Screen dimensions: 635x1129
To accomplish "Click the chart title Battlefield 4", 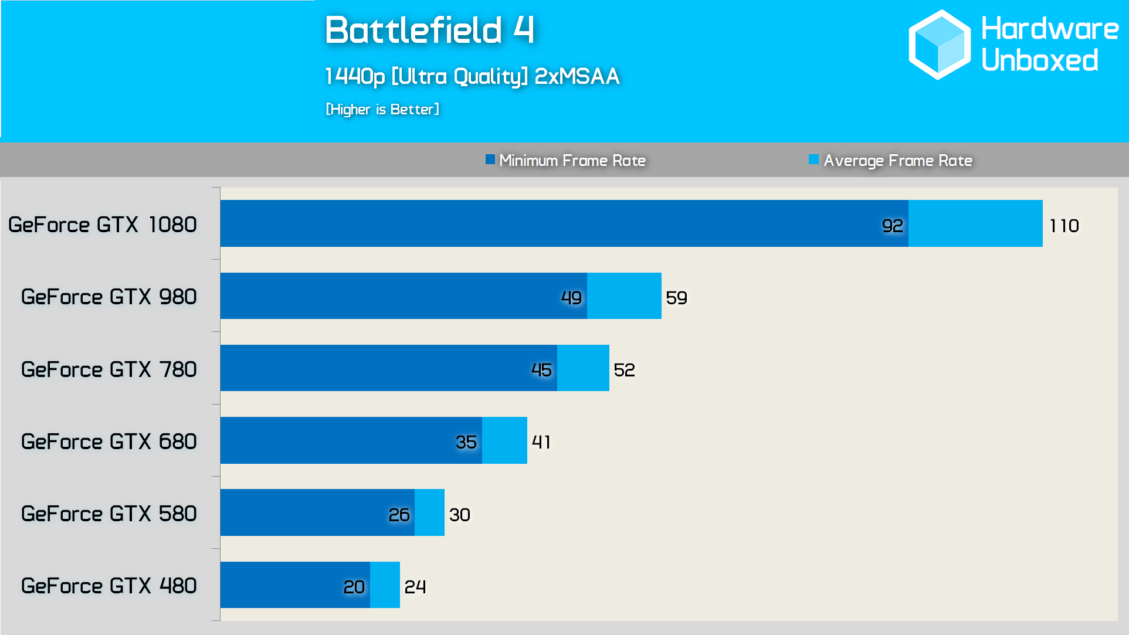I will [x=429, y=30].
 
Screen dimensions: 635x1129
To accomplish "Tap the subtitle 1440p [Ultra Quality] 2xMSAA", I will [x=472, y=76].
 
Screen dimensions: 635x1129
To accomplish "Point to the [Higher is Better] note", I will [x=382, y=109].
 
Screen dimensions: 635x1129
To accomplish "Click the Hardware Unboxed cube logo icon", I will [x=939, y=45].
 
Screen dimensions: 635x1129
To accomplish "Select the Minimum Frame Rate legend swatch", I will [x=490, y=159].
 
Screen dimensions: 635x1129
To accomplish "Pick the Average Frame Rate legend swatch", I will [x=813, y=159].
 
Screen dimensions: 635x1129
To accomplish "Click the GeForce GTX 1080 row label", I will [x=103, y=225].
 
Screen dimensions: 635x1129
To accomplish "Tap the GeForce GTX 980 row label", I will [x=109, y=297].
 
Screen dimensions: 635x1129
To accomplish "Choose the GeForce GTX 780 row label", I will [x=109, y=369].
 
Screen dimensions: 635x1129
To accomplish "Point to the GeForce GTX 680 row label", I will [x=109, y=442].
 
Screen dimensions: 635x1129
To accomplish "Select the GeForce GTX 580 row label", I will [x=109, y=514].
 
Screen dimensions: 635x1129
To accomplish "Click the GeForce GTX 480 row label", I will [x=109, y=586].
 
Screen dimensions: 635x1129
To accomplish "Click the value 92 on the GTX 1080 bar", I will [x=892, y=226].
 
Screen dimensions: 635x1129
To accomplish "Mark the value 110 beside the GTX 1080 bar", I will [x=1064, y=226].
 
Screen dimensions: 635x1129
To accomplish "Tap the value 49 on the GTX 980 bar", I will [x=571, y=298].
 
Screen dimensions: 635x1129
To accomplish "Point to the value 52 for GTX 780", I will [x=624, y=370].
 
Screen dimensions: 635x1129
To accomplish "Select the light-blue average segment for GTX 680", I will [x=504, y=440].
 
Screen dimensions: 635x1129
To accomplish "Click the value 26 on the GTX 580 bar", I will [x=399, y=515].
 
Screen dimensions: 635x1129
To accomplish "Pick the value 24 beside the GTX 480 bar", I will [x=415, y=586].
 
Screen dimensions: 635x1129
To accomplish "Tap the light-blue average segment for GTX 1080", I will [x=975, y=223].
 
